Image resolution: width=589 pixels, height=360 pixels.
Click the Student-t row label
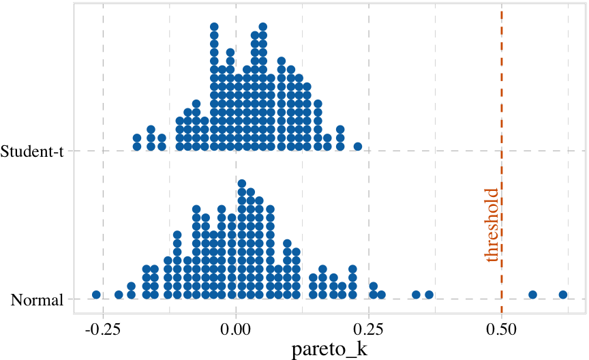point(33,151)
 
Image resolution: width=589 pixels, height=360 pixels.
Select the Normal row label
point(37,299)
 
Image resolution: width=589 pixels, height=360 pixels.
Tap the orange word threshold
point(491,226)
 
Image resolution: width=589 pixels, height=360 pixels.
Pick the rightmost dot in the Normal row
point(563,295)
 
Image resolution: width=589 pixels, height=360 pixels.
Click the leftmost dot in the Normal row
point(96,295)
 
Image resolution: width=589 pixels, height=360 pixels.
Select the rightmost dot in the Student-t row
point(357,147)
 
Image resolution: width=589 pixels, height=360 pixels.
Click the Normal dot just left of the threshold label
point(429,295)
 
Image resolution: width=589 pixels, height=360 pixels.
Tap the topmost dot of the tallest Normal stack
point(241,183)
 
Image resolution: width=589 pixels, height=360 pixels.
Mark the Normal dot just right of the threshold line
point(532,295)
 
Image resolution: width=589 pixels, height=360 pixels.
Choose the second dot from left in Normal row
point(119,295)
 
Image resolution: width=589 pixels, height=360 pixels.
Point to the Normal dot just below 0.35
point(416,295)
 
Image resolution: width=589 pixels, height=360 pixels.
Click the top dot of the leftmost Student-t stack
point(137,138)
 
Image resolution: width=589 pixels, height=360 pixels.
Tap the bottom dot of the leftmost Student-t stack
point(137,147)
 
